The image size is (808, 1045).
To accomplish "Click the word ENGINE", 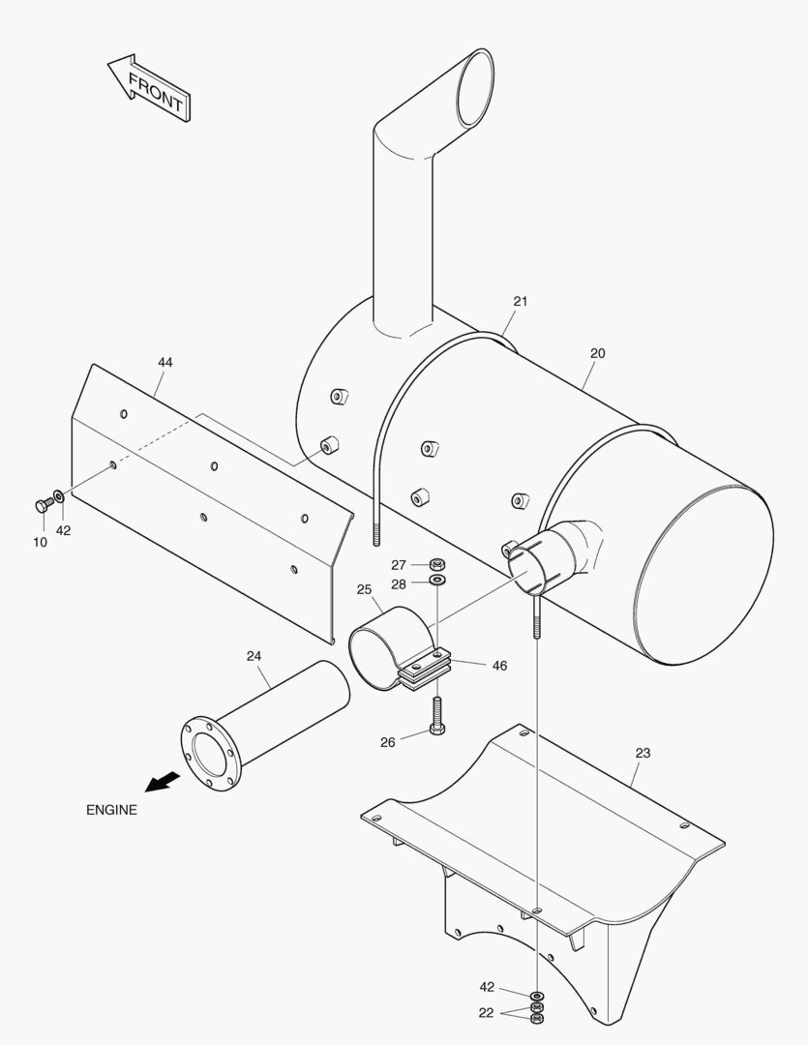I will point(111,810).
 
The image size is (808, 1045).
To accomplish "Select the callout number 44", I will point(165,362).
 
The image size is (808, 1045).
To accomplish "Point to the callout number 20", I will point(597,353).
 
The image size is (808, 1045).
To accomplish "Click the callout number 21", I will point(520,301).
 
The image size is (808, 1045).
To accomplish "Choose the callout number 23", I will point(643,753).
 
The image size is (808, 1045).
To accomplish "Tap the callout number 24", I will point(254,656).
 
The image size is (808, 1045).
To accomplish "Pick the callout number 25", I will point(364,589).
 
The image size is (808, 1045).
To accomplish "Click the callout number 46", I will point(499,666).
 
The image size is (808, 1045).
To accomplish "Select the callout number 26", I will point(387,742).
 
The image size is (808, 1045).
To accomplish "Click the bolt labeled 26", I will point(436,716).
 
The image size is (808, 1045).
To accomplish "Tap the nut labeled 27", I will point(436,563).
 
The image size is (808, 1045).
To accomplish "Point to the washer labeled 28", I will point(436,581).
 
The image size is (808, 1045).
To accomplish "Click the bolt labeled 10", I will point(44,503).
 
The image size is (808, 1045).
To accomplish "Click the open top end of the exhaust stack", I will point(475,87).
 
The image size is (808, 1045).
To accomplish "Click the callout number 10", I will point(40,542).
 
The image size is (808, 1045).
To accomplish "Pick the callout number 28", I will point(399,584).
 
